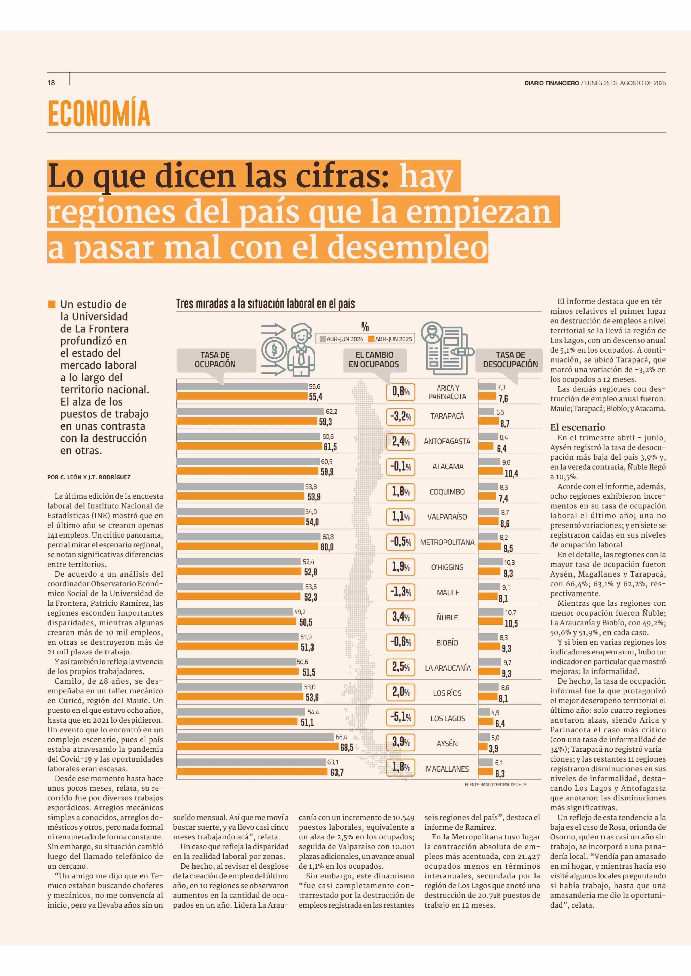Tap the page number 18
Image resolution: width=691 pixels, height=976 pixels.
pyautogui.click(x=51, y=83)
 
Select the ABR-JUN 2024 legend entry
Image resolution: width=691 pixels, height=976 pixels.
pyautogui.click(x=342, y=339)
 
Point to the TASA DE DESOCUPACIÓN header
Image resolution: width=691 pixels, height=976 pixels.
pyautogui.click(x=510, y=359)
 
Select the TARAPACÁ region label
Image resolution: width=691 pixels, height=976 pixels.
pyautogui.click(x=447, y=416)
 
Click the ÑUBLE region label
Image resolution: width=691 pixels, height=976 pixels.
pyautogui.click(x=447, y=618)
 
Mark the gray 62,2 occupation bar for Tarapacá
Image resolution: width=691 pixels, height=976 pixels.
pyautogui.click(x=250, y=411)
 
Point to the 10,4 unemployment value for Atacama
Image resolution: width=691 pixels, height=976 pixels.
pyautogui.click(x=511, y=473)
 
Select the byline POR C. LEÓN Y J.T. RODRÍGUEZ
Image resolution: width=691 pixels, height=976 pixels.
pyautogui.click(x=89, y=477)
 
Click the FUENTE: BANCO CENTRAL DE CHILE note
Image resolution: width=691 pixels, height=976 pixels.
pyautogui.click(x=496, y=785)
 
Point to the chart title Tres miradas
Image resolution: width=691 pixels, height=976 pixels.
pyautogui.click(x=266, y=304)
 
